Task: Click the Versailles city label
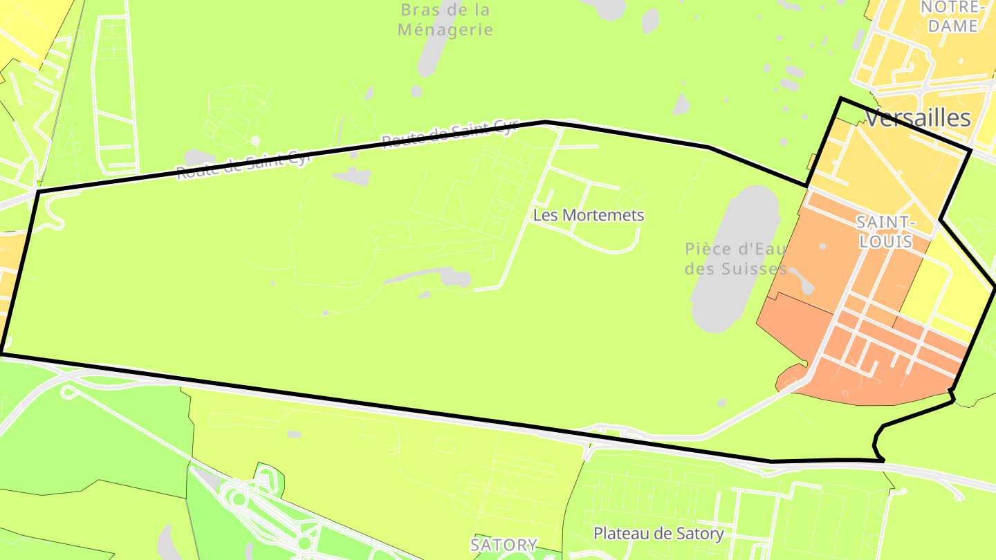pos(918,118)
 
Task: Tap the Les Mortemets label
pos(588,215)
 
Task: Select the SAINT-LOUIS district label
pos(885,232)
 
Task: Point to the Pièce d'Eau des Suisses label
pos(735,259)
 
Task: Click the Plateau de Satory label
pos(658,534)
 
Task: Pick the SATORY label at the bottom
pos(504,545)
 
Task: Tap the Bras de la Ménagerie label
pos(445,19)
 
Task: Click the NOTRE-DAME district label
pos(953,17)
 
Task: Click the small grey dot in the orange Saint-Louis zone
pos(822,246)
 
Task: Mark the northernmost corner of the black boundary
pos(841,99)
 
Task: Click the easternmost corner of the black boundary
pos(995,286)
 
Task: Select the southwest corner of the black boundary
pos(1,354)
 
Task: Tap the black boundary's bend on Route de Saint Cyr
pos(545,122)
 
